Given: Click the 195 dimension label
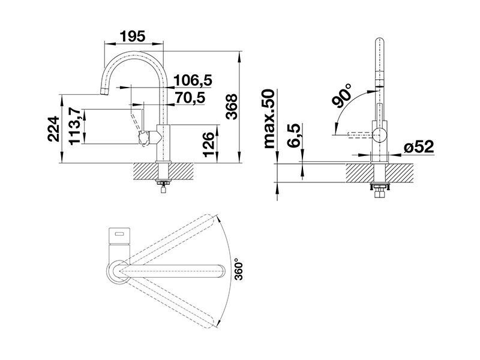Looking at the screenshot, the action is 132,37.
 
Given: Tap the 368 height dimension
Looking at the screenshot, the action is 232,106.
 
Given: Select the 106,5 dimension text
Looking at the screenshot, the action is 193,80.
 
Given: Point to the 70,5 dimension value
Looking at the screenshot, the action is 190,98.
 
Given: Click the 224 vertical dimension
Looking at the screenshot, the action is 53,128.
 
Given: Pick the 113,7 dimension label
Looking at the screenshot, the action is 74,126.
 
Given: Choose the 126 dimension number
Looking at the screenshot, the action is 209,145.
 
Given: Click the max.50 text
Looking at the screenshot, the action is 269,119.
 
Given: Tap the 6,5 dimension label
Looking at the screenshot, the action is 294,136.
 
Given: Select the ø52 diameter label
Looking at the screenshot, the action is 419,147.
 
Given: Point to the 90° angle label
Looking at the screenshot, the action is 342,96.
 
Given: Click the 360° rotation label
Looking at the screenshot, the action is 238,269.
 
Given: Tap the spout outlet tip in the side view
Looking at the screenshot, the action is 104,92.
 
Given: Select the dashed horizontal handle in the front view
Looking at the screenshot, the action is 360,134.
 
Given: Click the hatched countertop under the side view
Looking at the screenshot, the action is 163,172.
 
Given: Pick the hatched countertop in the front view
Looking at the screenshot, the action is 380,173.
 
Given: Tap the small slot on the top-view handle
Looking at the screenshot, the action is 119,234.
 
